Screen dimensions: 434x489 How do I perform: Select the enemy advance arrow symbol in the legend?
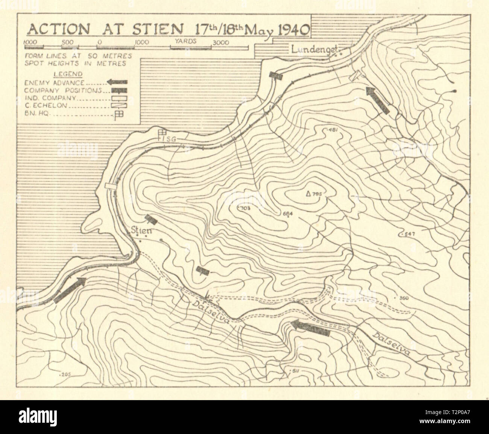tap(117, 82)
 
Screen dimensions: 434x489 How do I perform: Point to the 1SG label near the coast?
tap(169, 140)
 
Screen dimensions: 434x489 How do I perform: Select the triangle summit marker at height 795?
tap(308, 194)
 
